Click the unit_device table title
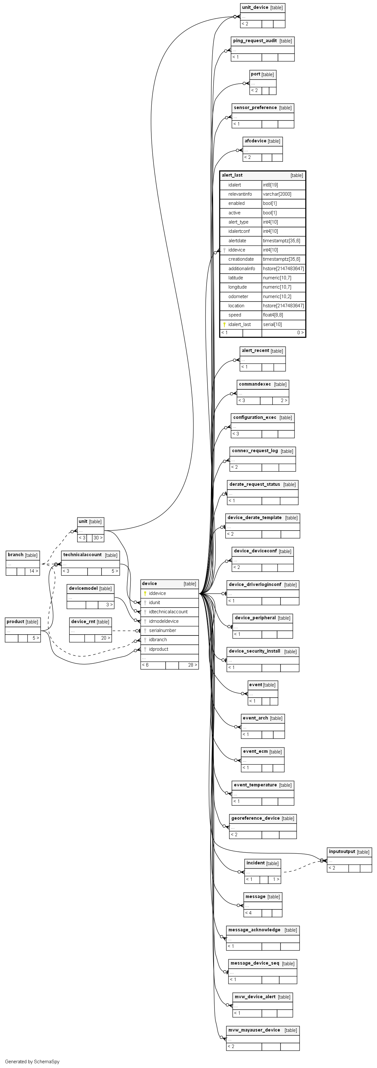coord(255,8)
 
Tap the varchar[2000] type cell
coord(277,194)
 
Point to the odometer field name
coord(238,296)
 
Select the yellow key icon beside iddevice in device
coord(145,593)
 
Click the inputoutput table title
coord(342,852)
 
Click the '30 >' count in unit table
coord(97,538)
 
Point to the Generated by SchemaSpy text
coord(32,1062)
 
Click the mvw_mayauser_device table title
coord(254,1030)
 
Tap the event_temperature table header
coord(255,785)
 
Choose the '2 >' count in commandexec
coord(284,400)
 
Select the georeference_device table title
coord(255,818)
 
